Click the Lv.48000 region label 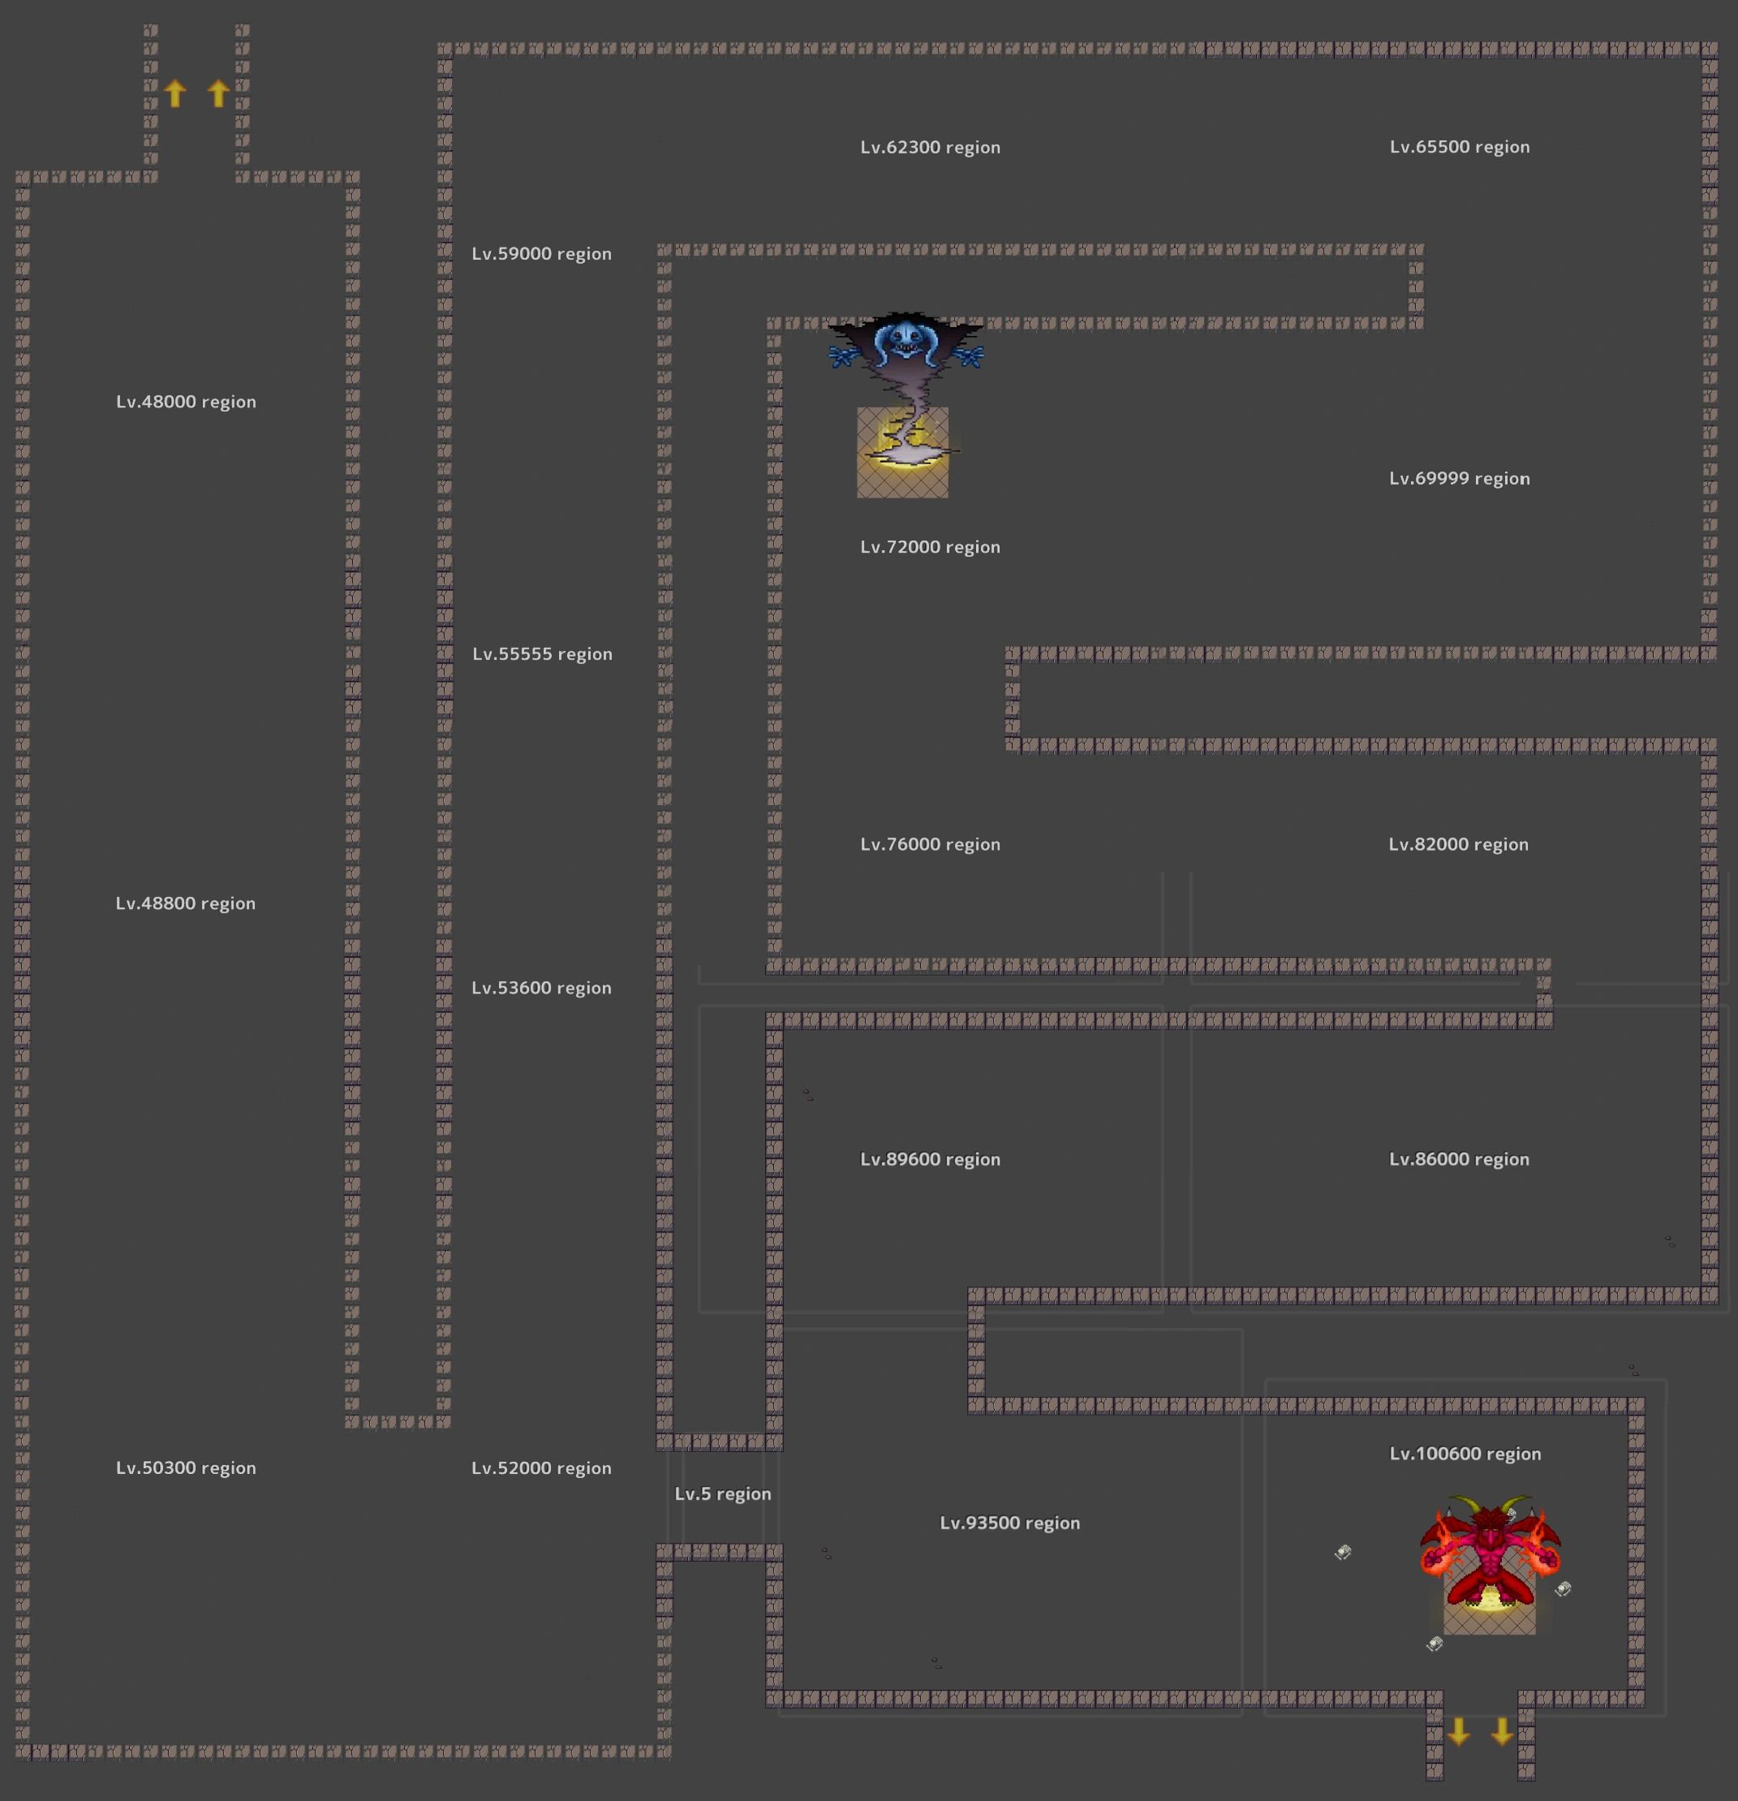coord(186,402)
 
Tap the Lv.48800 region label coord(186,903)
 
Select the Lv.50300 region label coord(186,1467)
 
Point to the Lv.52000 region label coord(541,1467)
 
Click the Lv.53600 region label coord(541,988)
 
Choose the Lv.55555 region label coord(542,654)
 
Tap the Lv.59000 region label coord(541,253)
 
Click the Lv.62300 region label coord(930,147)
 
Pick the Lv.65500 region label coord(1459,147)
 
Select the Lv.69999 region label coord(1459,479)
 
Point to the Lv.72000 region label coord(930,547)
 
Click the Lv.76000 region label coord(930,844)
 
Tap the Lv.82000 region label coord(1458,844)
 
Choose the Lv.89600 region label coord(930,1160)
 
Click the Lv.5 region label coord(723,1493)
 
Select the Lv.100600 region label coord(1465,1454)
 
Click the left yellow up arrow coord(175,93)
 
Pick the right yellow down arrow coord(1502,1732)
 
